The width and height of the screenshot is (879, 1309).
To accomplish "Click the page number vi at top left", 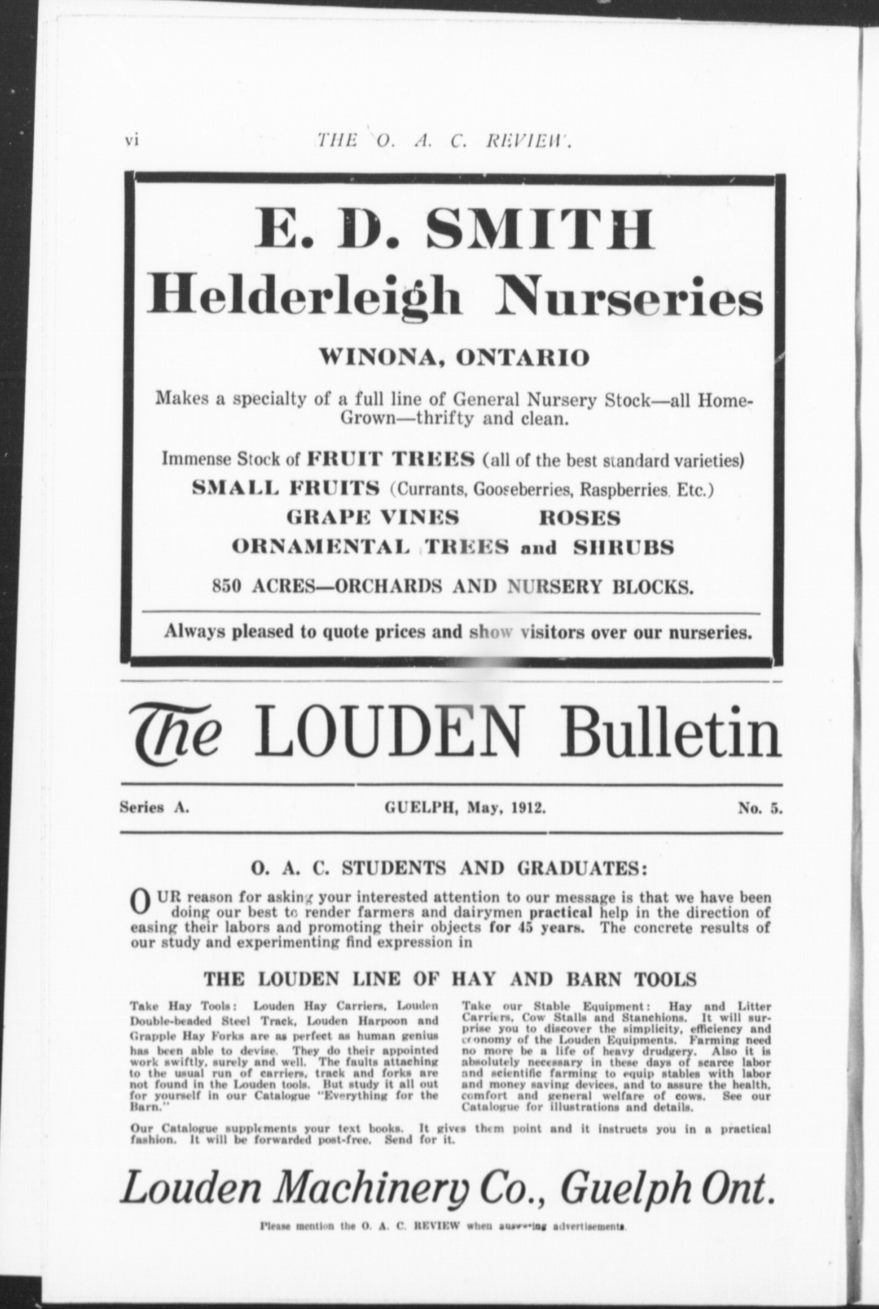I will point(132,141).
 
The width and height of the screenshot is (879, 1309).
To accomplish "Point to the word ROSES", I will point(579,518).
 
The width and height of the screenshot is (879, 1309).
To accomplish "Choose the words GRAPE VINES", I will point(373,518).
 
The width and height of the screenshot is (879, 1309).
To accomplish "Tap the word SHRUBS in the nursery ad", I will point(623,547).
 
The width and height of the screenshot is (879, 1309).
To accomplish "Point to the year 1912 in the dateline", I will point(528,808).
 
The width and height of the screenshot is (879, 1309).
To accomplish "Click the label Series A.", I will point(154,808).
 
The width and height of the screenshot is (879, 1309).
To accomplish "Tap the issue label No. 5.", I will point(759,808).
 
